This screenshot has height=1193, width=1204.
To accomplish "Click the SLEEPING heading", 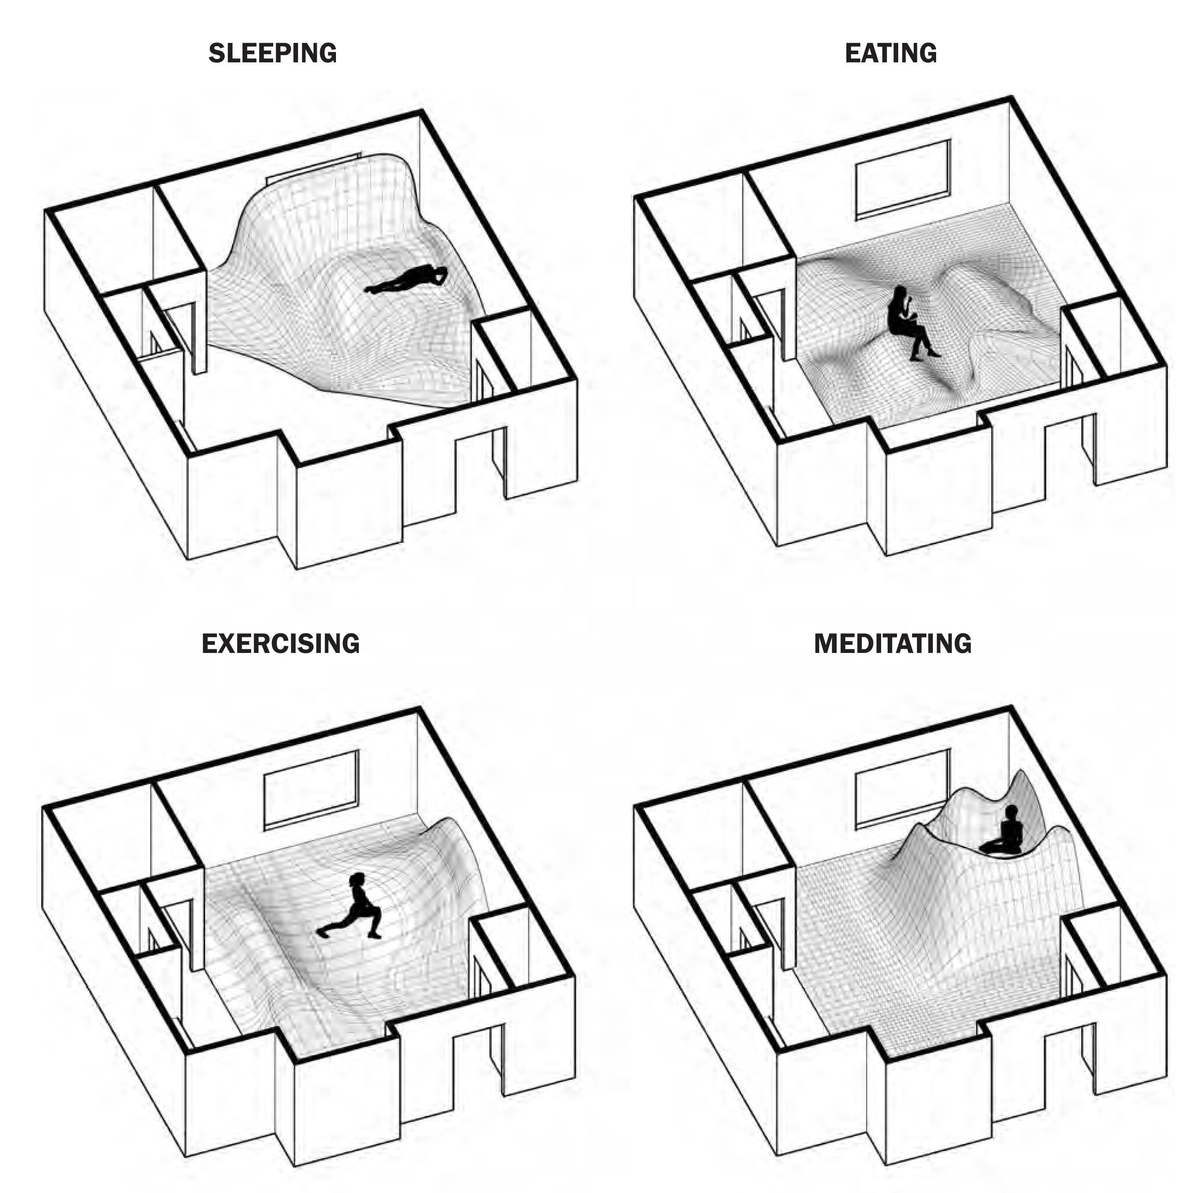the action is tap(272, 53).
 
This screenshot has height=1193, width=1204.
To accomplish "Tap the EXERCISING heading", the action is tap(281, 644).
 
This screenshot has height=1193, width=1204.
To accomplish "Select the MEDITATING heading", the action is tap(893, 644).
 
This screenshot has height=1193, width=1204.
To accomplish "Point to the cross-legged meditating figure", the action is tap(1004, 831).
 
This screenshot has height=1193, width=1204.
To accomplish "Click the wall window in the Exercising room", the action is tap(311, 790).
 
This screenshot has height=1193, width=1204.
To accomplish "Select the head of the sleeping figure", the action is tap(441, 273).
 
